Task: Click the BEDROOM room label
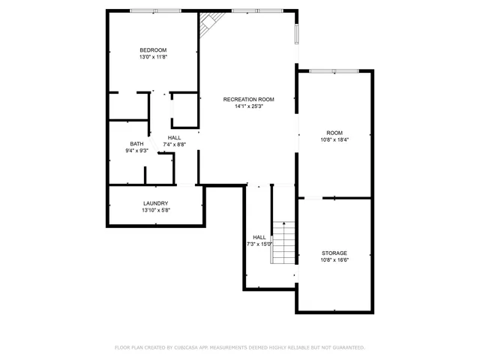153,50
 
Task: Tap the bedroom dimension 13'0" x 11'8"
153,57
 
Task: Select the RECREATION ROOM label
248,99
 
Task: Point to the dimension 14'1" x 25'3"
248,106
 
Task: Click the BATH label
136,144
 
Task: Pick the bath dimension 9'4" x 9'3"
136,151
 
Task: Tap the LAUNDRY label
156,203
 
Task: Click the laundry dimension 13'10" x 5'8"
156,210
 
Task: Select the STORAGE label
334,253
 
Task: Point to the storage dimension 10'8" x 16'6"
334,259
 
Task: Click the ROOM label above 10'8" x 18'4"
334,132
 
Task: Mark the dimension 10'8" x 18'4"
334,139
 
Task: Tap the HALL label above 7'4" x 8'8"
174,137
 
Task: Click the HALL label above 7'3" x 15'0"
259,237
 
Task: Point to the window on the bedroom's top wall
154,10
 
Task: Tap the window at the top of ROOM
333,71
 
